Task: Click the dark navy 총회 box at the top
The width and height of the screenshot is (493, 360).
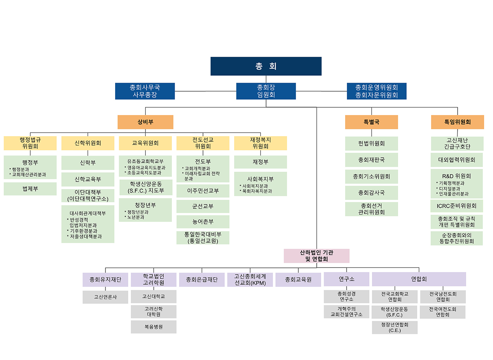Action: [266, 66]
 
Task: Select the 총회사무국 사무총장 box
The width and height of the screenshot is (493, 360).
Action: [145, 91]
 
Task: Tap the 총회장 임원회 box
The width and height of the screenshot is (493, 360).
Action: [266, 91]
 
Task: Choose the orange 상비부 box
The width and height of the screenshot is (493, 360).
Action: [145, 122]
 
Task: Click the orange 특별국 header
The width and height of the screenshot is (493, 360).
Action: [371, 122]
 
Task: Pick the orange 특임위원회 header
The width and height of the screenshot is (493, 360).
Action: [457, 122]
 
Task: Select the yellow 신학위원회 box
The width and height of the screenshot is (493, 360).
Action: [88, 143]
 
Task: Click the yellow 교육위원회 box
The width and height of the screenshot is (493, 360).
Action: [145, 143]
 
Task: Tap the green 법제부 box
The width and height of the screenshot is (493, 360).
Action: [30, 189]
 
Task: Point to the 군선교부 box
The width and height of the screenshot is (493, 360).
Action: [202, 206]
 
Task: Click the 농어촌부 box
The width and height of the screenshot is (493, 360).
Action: [202, 222]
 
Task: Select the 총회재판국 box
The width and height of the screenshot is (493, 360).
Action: [371, 160]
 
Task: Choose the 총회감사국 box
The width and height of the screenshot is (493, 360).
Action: [371, 193]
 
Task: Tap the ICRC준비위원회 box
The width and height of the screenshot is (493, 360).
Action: [456, 206]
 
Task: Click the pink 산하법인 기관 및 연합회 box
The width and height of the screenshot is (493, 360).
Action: [316, 256]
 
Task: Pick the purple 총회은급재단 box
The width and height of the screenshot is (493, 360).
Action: [202, 280]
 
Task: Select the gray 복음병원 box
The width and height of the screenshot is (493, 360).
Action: [154, 327]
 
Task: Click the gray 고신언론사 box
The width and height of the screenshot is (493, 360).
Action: [105, 297]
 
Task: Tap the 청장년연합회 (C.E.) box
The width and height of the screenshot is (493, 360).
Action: [394, 327]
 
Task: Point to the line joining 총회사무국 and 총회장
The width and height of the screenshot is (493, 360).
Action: [205, 91]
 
